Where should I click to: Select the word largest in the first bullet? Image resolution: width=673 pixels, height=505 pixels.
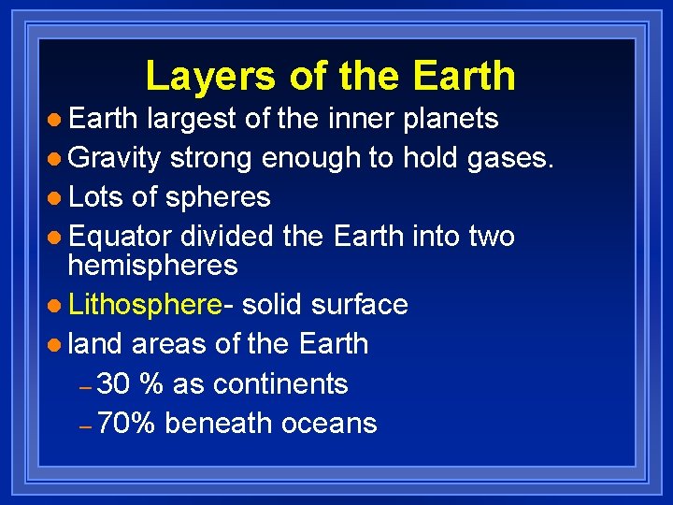point(194,119)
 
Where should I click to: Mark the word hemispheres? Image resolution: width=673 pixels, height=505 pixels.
point(153,267)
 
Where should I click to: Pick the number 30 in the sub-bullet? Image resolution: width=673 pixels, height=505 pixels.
point(114,383)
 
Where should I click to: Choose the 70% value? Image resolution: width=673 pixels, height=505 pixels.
point(126,423)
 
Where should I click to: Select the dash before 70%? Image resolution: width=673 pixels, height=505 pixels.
point(84,426)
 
